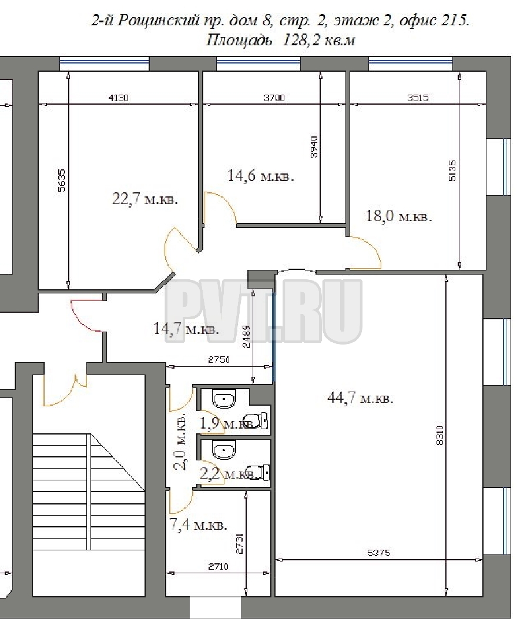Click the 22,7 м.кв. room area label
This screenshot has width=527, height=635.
[145, 199]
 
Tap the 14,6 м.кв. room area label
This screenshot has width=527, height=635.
[261, 176]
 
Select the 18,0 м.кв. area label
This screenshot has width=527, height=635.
[399, 216]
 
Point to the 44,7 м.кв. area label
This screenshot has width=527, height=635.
[360, 398]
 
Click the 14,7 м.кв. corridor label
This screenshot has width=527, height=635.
[186, 329]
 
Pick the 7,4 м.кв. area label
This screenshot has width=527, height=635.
[199, 525]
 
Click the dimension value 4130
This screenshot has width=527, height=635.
[119, 98]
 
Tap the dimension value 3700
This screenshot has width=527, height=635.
[274, 98]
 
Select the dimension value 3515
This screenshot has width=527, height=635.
[418, 98]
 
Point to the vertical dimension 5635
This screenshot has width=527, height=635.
[62, 181]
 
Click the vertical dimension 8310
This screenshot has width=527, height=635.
[441, 435]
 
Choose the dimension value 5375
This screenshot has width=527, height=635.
[378, 552]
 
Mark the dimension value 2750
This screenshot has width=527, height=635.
[219, 359]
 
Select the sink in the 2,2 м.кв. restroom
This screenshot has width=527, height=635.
[223, 450]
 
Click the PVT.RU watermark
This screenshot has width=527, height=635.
[263, 311]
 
